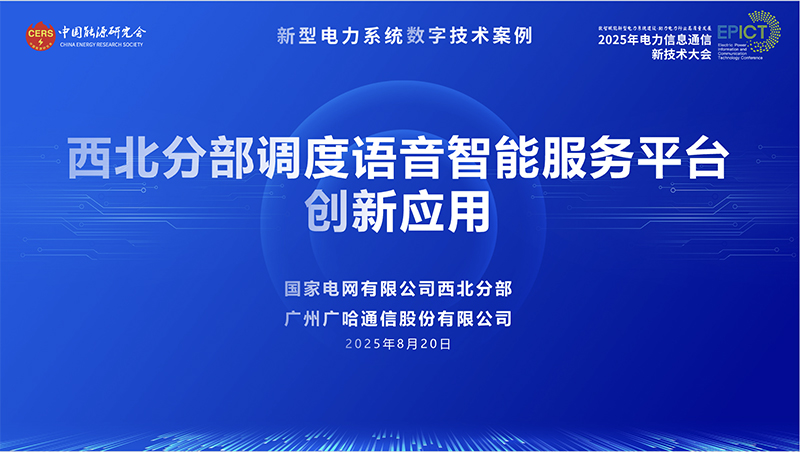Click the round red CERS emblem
coord(40,36)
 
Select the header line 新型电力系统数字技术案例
coord(404,36)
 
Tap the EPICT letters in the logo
coord(738,30)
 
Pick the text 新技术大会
coord(681,54)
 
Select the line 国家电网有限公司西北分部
coord(398,290)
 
